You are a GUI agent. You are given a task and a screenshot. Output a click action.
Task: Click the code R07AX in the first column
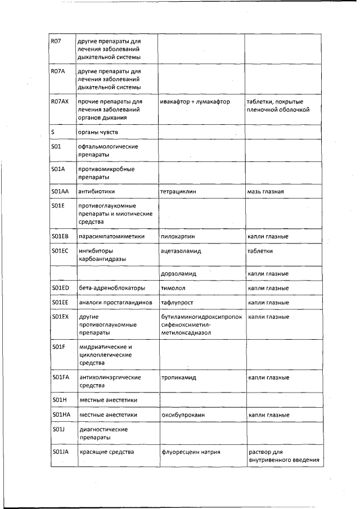[59, 102]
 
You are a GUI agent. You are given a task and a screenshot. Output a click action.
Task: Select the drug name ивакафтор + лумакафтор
[195, 102]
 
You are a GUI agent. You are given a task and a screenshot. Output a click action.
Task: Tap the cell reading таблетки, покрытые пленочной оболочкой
[278, 106]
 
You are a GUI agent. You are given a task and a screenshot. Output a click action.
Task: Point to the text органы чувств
[98, 132]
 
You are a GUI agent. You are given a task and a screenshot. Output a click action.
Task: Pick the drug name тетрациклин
[178, 191]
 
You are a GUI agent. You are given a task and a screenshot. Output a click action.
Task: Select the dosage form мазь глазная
[265, 191]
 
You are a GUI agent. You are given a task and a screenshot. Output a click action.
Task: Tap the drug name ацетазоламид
[181, 251]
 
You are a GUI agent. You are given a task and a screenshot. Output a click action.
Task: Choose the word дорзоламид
[178, 273]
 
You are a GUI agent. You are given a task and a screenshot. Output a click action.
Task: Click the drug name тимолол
[173, 288]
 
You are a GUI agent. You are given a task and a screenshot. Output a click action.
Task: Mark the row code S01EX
[60, 317]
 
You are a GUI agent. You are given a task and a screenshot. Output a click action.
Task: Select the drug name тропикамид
[178, 377]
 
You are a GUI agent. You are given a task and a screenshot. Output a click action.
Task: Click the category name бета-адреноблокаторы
[111, 288]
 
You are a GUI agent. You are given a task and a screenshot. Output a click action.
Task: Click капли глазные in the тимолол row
[268, 288]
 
